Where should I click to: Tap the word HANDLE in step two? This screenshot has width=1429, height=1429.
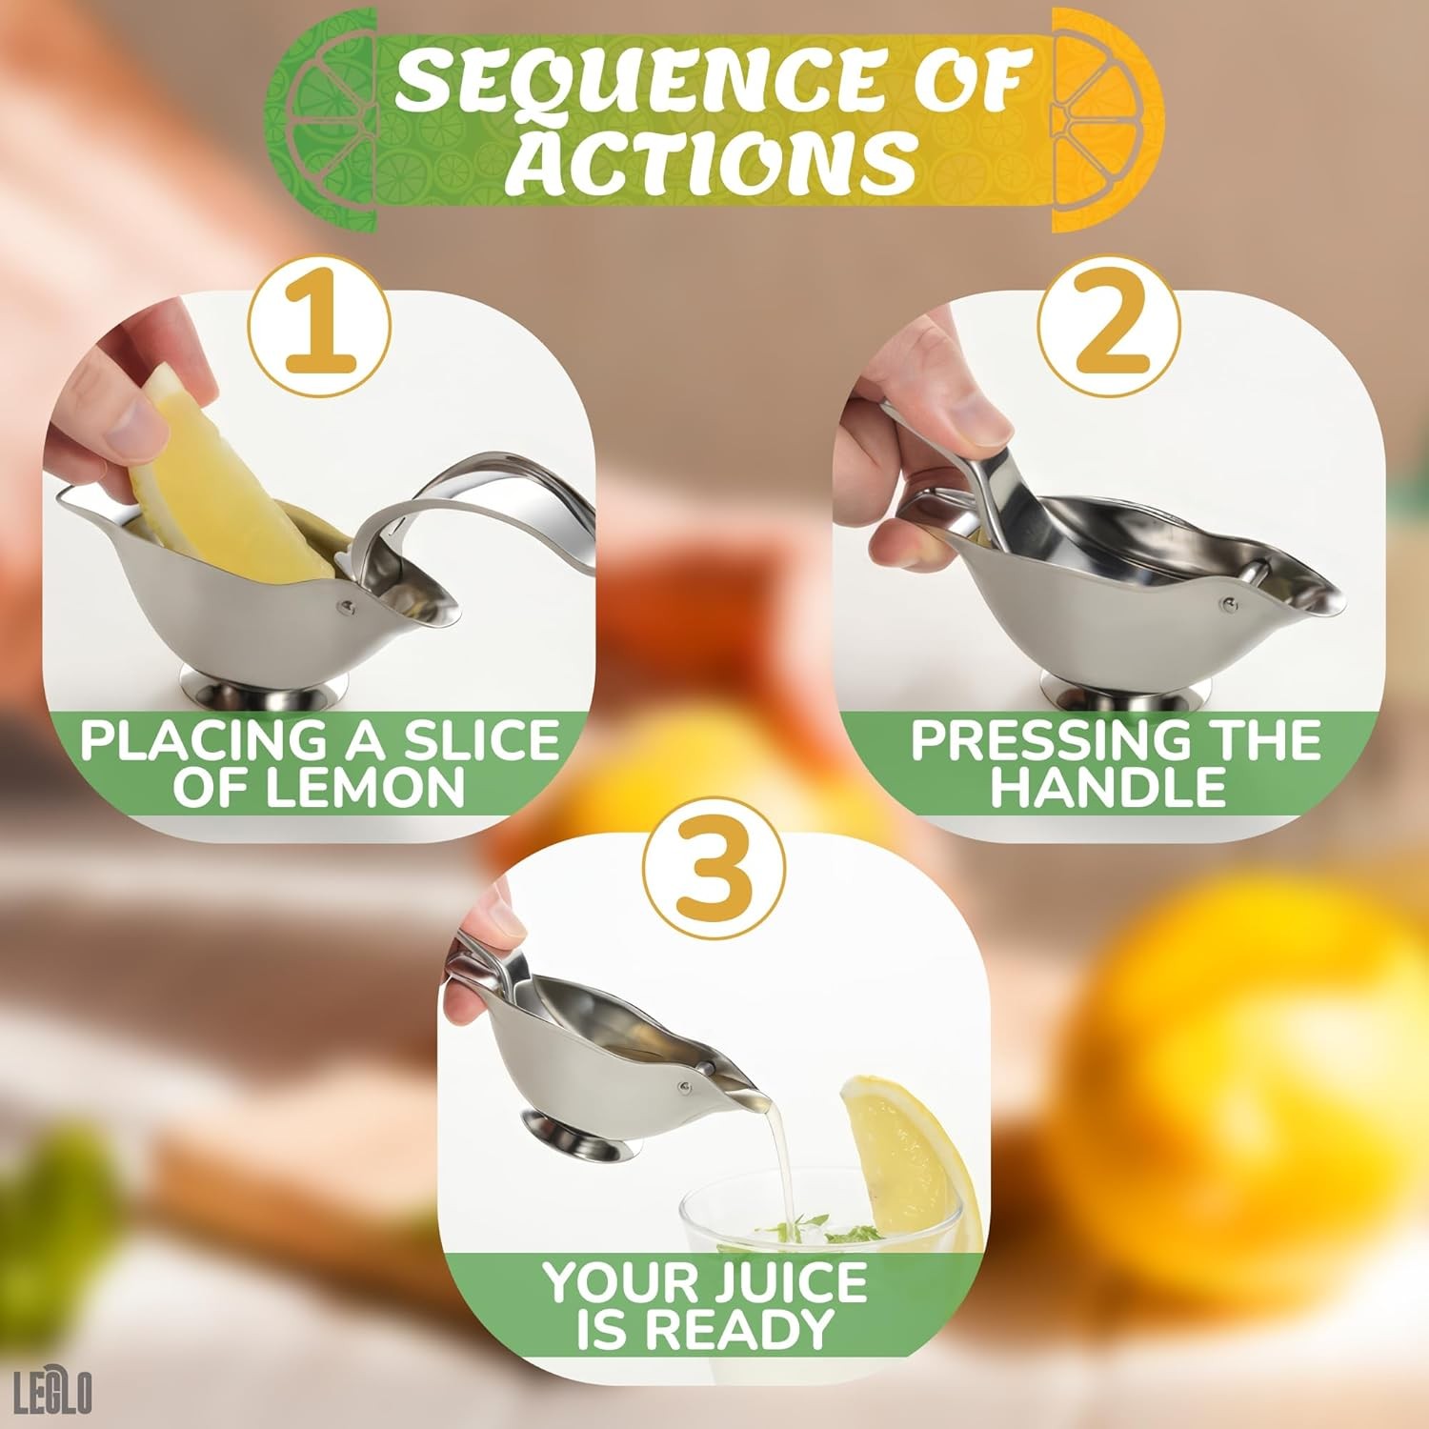(1108, 788)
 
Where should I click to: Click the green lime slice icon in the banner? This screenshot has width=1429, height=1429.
(322, 119)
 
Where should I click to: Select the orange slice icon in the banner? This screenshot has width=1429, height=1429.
(1105, 119)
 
